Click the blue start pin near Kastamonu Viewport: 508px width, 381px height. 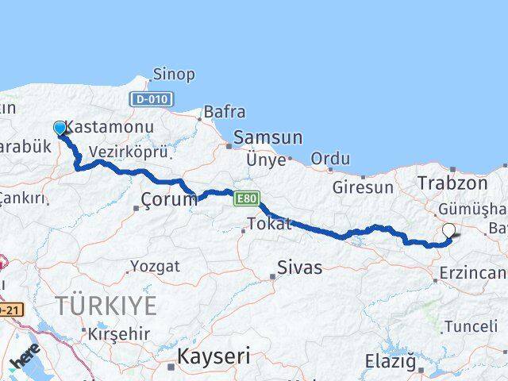tap(60, 128)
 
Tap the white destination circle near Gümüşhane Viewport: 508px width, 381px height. tap(449, 230)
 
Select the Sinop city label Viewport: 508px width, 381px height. tap(174, 75)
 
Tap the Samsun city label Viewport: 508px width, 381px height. tap(268, 137)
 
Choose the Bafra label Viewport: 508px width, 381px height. tap(225, 112)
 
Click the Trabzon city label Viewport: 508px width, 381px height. tap(452, 183)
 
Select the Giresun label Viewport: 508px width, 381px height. tap(363, 188)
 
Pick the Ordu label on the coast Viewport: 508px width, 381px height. tap(330, 158)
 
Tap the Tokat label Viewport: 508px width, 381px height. tap(270, 225)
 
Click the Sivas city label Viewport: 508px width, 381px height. tap(300, 267)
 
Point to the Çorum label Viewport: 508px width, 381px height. tap(168, 199)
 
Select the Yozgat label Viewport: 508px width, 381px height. tap(154, 266)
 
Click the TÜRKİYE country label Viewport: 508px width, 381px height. tap(106, 305)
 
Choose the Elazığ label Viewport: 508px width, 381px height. tap(391, 362)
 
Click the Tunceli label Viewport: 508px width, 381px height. tap(471, 326)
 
